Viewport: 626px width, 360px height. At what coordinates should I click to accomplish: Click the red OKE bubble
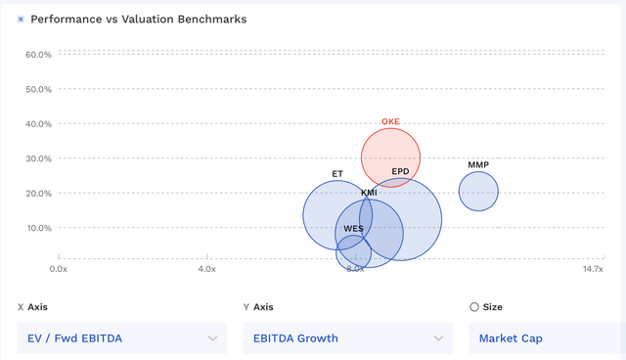click(390, 157)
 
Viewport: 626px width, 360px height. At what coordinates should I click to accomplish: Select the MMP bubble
click(478, 191)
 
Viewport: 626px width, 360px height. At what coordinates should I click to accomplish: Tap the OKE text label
click(390, 122)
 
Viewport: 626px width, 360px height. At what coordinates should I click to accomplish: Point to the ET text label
click(337, 174)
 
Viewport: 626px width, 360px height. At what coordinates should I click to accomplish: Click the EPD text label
click(400, 172)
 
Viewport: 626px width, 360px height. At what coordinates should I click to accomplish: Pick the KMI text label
click(369, 193)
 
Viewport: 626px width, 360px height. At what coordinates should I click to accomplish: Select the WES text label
click(353, 229)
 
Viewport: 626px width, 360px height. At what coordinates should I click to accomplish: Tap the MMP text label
click(478, 164)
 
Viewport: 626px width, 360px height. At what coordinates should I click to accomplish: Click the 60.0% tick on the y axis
click(38, 55)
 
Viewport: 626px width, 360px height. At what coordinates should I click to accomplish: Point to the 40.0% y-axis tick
click(38, 124)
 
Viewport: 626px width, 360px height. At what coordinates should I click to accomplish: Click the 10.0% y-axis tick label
click(38, 228)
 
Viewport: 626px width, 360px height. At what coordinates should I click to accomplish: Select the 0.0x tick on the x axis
click(59, 268)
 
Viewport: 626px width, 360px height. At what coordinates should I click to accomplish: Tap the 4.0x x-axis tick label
click(206, 268)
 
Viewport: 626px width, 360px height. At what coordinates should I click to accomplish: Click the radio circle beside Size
click(474, 307)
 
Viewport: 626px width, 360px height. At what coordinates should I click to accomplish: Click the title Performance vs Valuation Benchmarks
click(139, 19)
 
